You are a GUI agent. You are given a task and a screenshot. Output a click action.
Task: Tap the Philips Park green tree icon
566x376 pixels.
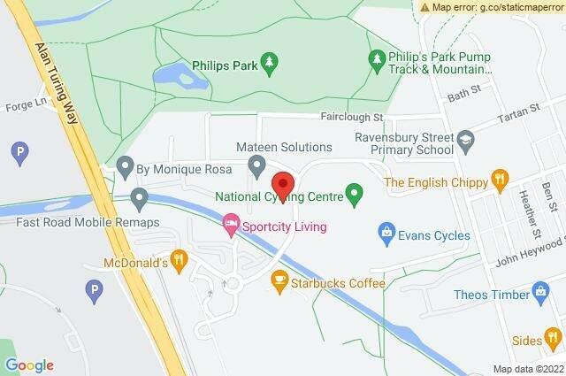point(272,62)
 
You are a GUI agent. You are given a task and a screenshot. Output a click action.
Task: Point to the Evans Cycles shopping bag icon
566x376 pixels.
point(386,233)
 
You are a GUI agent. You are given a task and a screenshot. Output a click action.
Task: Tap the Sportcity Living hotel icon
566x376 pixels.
point(231,223)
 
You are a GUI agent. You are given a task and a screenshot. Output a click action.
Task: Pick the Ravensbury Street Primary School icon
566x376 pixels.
point(467,139)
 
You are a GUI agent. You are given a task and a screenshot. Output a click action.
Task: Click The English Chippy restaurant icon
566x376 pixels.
point(500,178)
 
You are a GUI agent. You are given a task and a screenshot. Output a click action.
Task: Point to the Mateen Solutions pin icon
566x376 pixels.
point(257,164)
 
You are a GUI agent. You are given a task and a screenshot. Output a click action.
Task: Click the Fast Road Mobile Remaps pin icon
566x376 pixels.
point(139,196)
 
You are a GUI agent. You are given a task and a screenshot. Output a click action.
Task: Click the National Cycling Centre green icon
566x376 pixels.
point(355,190)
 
